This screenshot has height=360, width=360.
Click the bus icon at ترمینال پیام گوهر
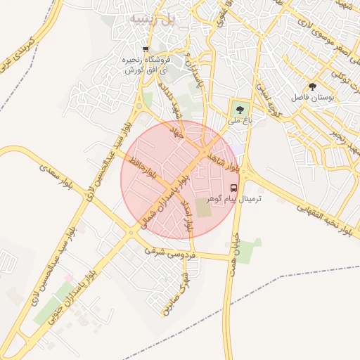pos(233,188)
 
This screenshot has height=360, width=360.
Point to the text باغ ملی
pos(238,121)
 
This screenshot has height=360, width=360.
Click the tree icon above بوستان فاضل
pos(312,86)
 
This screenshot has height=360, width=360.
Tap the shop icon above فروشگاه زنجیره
pos(146,49)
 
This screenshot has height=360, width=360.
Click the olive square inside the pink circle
pos(202,208)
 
